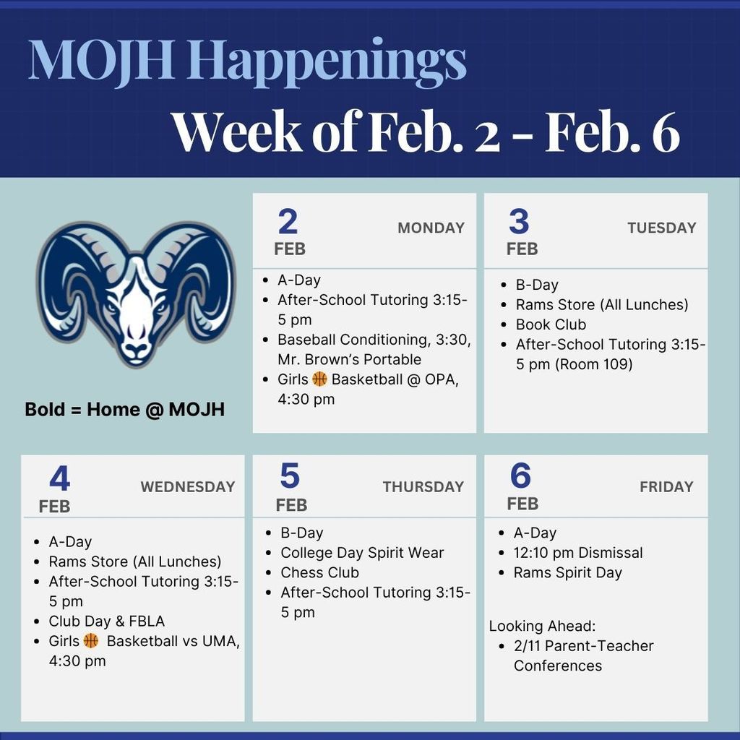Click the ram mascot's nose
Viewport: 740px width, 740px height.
point(135,349)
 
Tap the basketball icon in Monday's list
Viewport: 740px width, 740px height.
point(320,379)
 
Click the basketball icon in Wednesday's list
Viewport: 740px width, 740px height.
point(91,640)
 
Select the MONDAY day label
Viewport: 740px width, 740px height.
point(431,228)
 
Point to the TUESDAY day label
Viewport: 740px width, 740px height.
point(661,228)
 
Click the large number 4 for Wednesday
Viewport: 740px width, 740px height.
point(60,478)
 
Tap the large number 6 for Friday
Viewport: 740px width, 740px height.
point(520,476)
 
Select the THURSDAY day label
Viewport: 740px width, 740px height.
point(423,487)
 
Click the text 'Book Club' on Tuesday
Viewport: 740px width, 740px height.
point(551,324)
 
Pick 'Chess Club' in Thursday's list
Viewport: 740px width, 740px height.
point(319,572)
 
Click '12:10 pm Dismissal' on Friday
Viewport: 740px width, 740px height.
point(577,553)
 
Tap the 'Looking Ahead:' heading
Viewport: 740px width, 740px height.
point(542,626)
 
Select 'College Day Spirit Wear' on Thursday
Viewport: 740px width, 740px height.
point(362,553)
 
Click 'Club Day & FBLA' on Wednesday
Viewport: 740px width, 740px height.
point(107,621)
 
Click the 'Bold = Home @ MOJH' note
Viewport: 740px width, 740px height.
point(124,410)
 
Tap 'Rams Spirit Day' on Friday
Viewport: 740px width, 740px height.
point(567,572)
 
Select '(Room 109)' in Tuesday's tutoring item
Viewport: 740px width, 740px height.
point(593,364)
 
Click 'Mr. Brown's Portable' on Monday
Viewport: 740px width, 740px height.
point(349,359)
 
